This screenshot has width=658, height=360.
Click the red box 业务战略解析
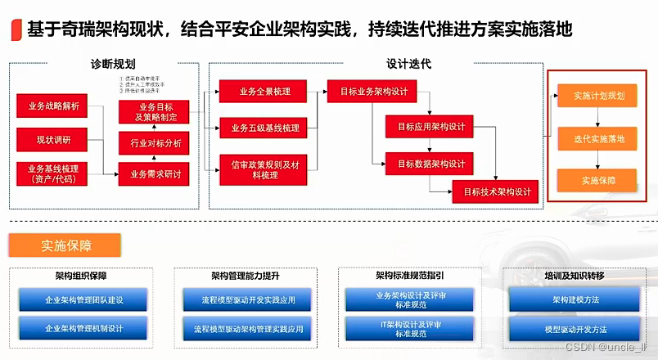54,106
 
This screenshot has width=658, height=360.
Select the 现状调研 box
54,140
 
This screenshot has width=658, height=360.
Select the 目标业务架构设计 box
373,92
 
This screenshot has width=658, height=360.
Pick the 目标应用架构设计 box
430,127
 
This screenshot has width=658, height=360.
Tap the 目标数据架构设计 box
430,163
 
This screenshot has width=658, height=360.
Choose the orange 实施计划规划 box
597,97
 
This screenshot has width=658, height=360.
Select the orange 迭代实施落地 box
597,139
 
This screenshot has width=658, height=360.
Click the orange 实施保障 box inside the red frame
597,180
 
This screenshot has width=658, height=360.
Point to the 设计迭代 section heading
408,64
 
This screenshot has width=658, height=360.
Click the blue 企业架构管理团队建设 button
83,299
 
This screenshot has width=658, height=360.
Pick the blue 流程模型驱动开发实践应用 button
248,299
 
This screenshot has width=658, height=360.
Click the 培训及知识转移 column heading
575,277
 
